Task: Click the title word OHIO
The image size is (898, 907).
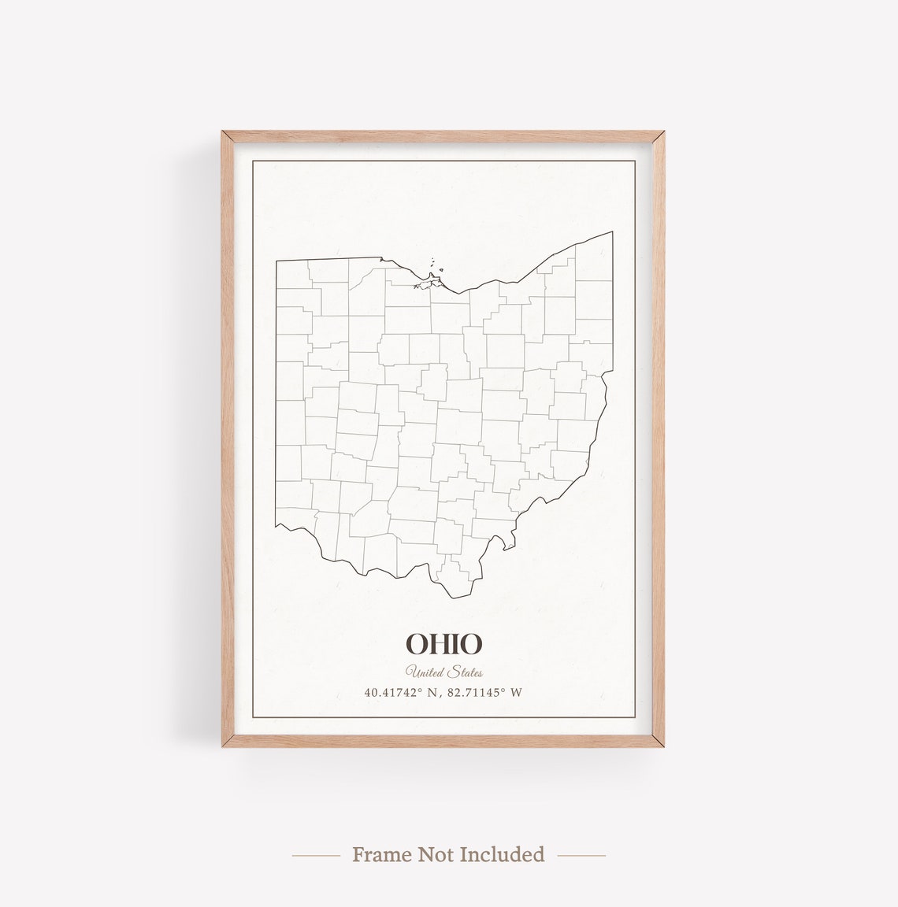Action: click(443, 644)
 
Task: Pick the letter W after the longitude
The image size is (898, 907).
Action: click(517, 693)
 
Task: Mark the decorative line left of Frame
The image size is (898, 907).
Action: click(316, 854)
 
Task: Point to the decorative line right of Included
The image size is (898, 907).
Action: click(581, 854)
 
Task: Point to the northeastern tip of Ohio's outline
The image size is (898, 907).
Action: click(612, 232)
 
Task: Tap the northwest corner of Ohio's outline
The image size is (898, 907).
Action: click(276, 258)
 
